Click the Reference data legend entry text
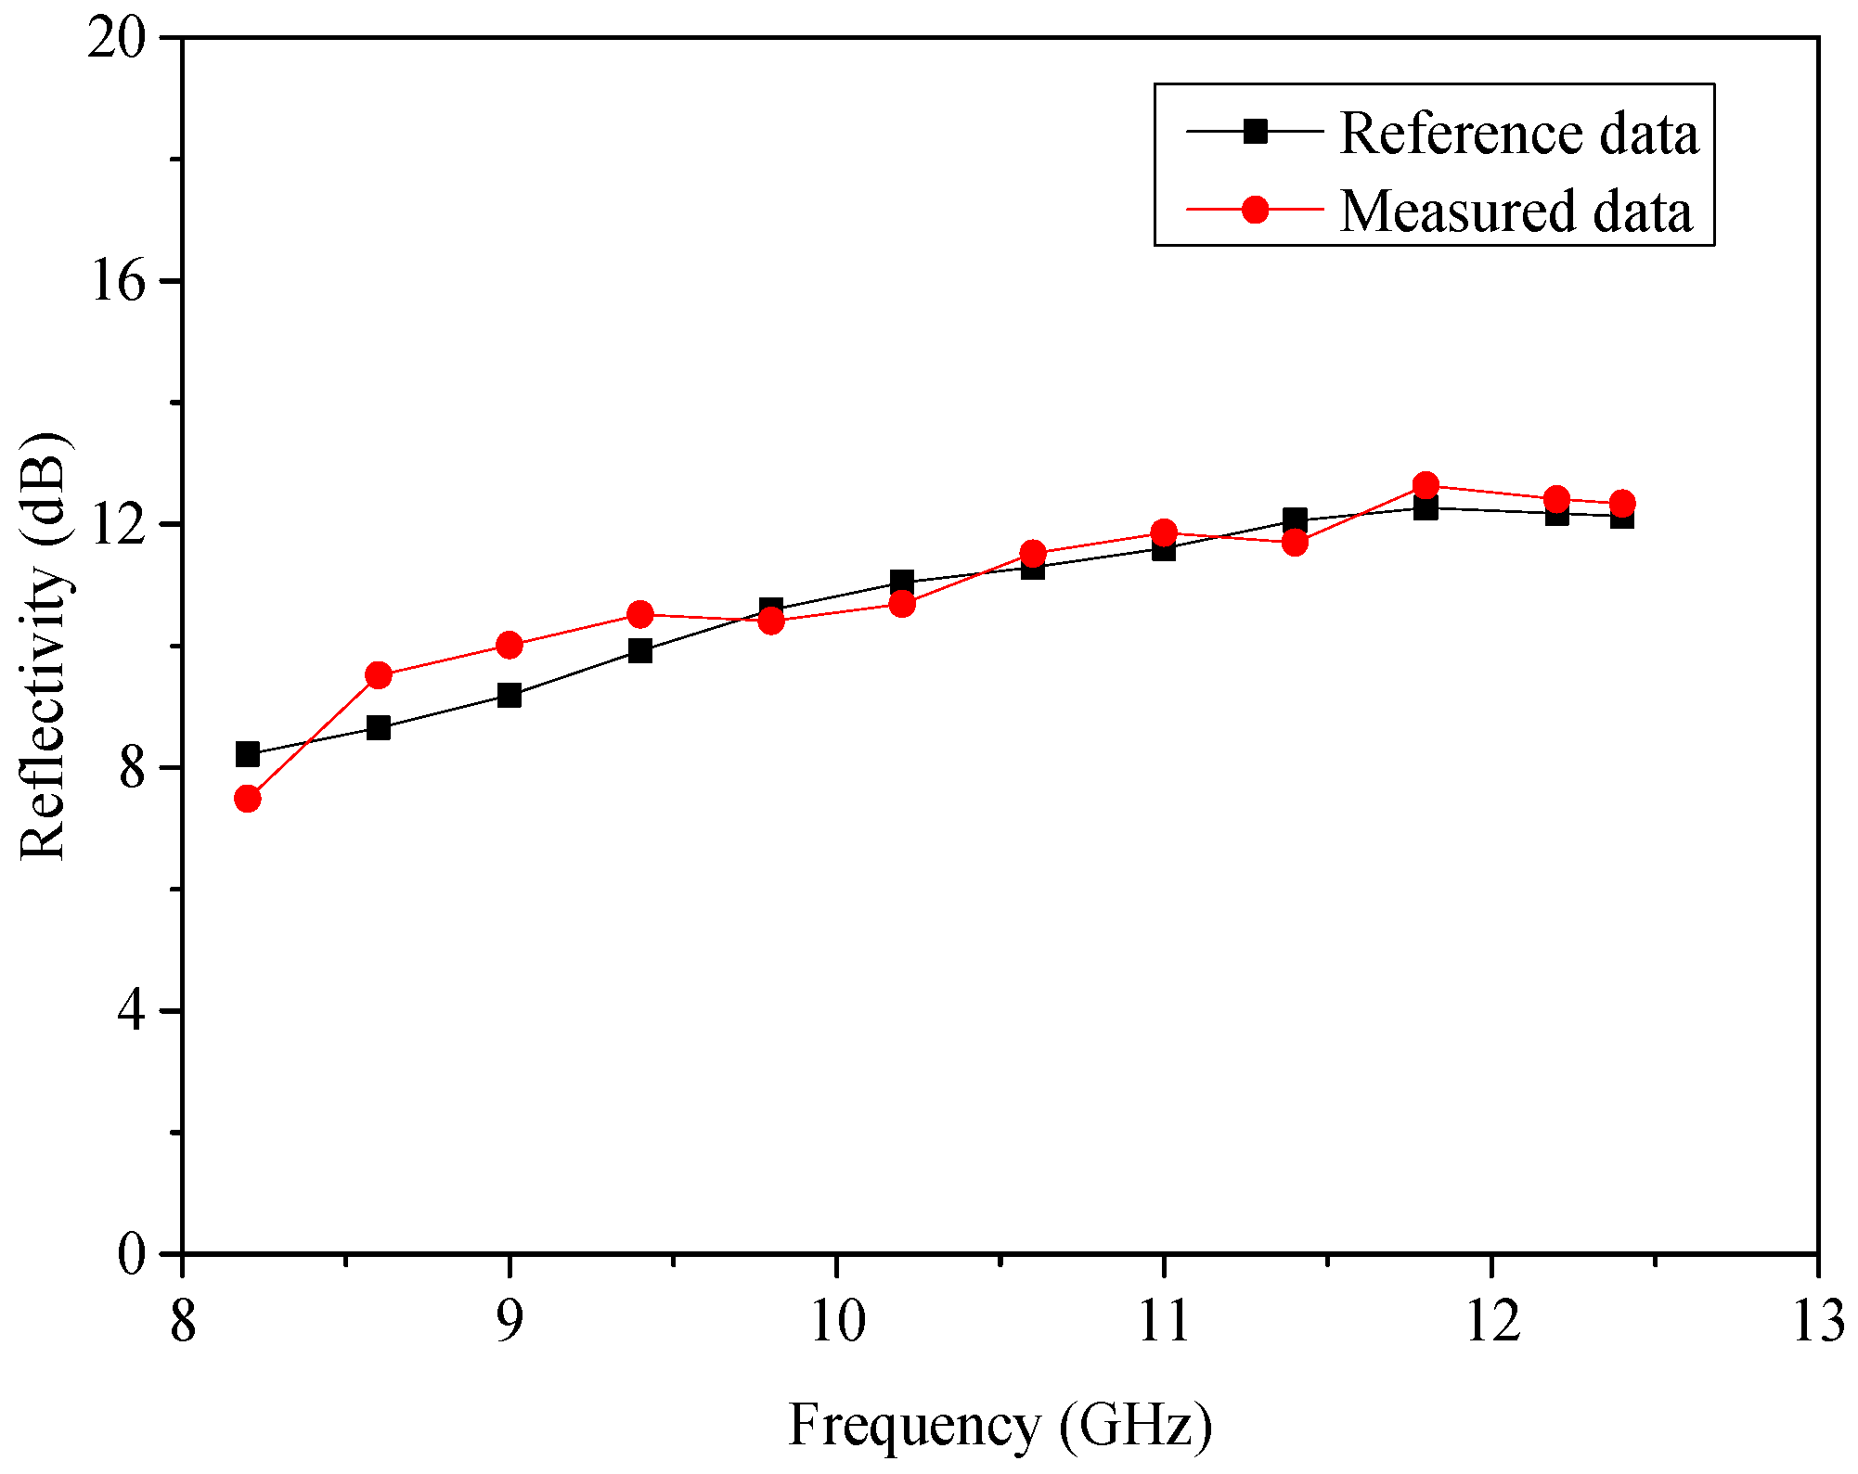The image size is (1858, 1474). point(1518,134)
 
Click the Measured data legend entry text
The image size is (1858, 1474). point(1515,211)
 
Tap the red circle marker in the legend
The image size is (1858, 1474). point(1255,211)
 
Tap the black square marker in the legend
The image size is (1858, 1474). point(1255,132)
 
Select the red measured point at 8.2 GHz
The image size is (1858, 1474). point(248,799)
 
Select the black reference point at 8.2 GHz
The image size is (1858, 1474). point(248,754)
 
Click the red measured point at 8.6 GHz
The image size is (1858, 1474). point(379,675)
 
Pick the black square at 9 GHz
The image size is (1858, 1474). point(510,695)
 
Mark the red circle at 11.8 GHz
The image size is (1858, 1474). point(1426,485)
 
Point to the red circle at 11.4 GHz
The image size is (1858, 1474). point(1296,543)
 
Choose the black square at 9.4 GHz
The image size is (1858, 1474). point(640,650)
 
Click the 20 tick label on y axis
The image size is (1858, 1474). point(119,40)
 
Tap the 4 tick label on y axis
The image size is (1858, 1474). point(132,1011)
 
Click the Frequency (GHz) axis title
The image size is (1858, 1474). point(1000,1425)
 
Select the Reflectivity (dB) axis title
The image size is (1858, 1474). point(45,647)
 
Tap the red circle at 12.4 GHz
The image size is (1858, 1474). point(1622,504)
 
